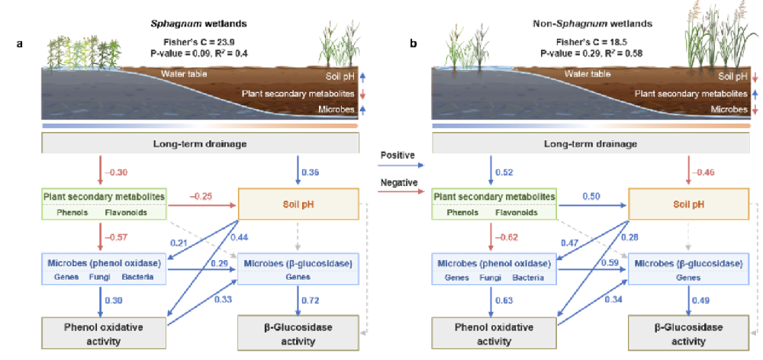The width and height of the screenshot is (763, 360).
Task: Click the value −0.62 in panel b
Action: tap(507, 237)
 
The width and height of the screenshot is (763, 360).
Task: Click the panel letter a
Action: tap(20, 44)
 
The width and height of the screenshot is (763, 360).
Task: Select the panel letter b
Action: tap(413, 44)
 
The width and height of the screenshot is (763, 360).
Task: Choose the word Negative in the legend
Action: tap(399, 182)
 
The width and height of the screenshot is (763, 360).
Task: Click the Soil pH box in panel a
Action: tap(298, 204)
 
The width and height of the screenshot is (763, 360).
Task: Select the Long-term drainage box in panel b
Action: tap(591, 144)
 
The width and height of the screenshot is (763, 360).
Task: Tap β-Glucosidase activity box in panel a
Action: tap(298, 333)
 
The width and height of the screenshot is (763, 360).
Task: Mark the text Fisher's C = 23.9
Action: tap(201, 42)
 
